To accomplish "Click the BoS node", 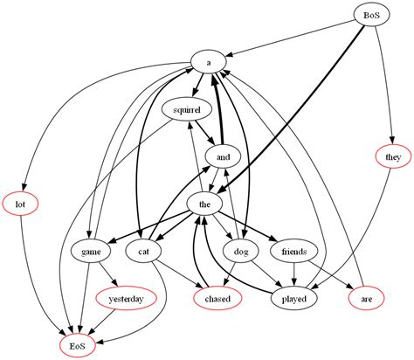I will (x=369, y=16).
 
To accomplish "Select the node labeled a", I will (x=209, y=63).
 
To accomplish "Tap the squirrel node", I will (x=187, y=110).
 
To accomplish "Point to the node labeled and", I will (x=222, y=157).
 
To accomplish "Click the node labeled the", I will (x=205, y=204).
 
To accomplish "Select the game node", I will (x=91, y=252).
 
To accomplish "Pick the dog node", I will (x=241, y=252).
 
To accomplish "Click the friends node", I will (x=294, y=252).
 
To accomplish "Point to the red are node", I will (x=367, y=299).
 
